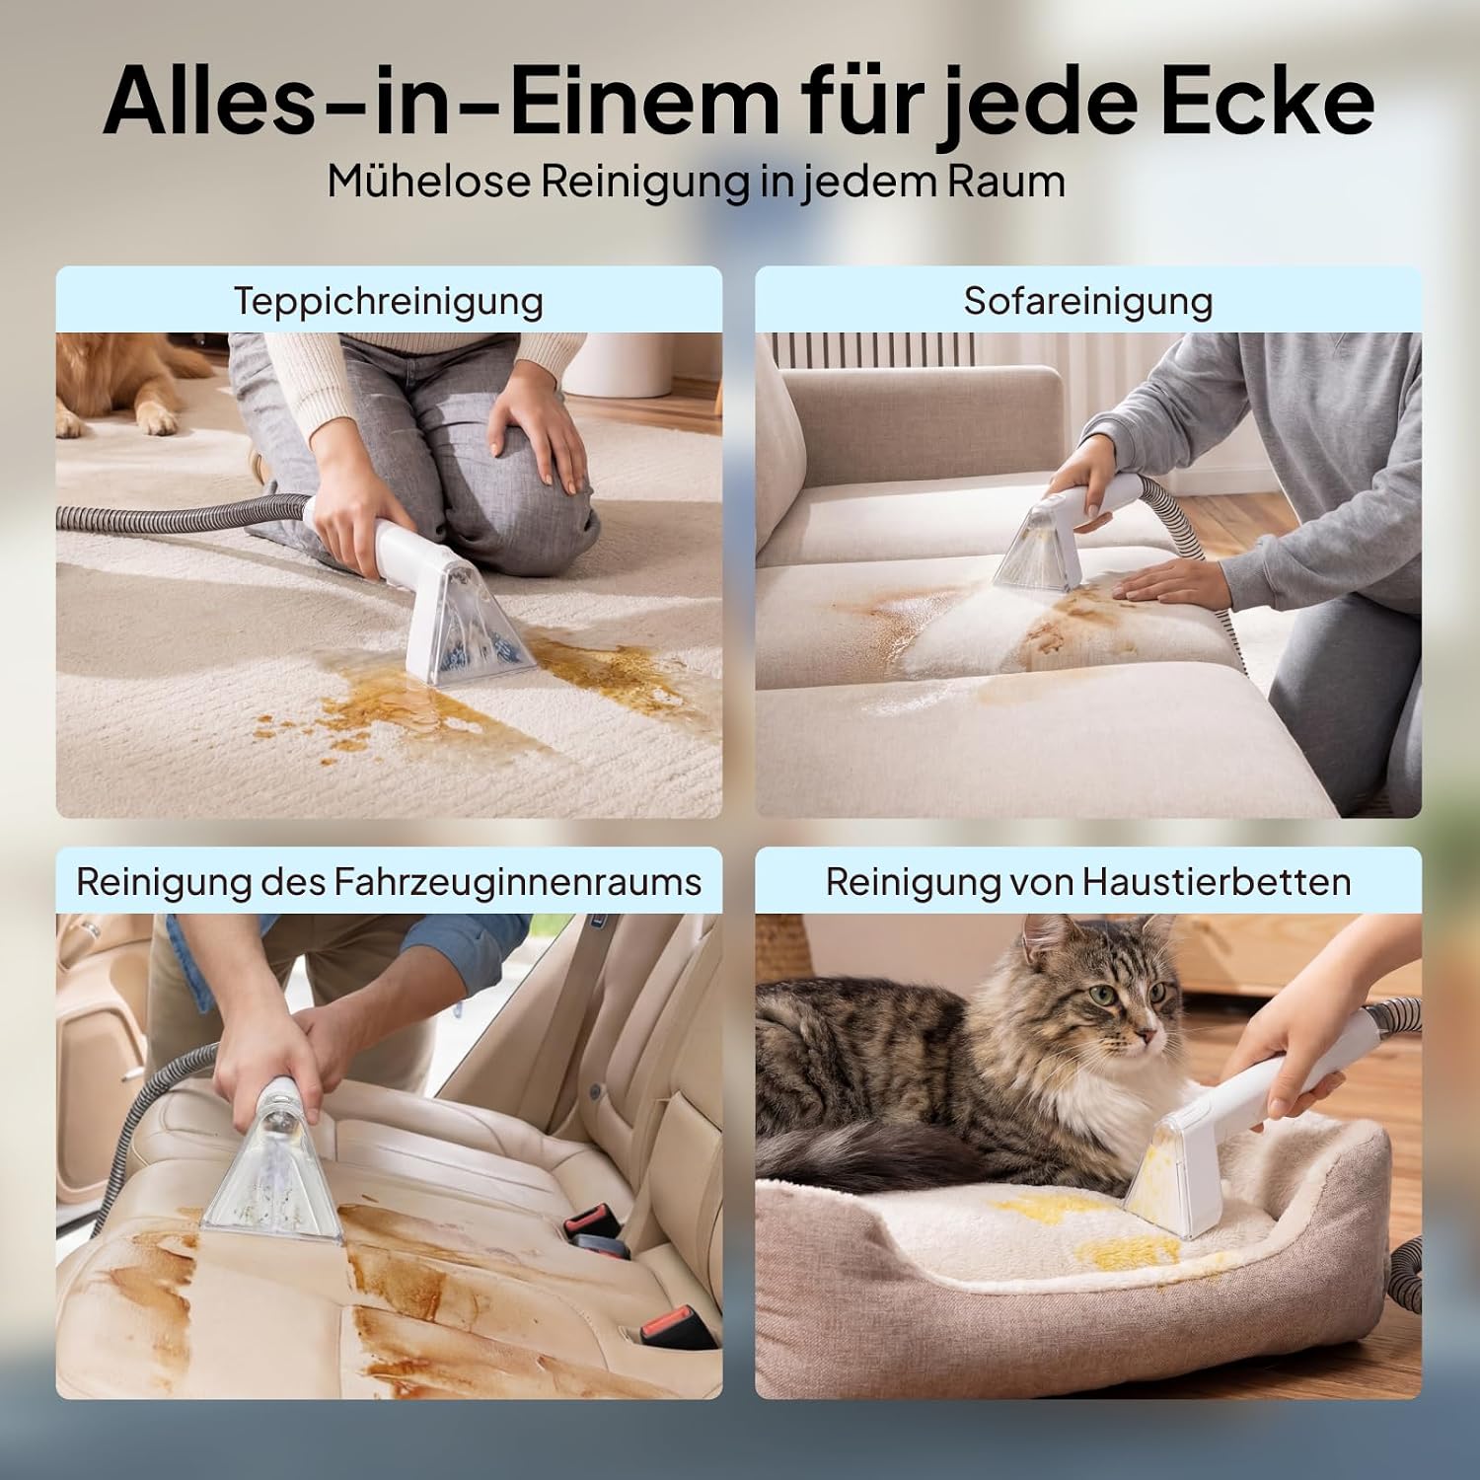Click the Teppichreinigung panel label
point(389,301)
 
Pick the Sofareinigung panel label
point(1088,301)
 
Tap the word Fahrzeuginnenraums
point(518,881)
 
